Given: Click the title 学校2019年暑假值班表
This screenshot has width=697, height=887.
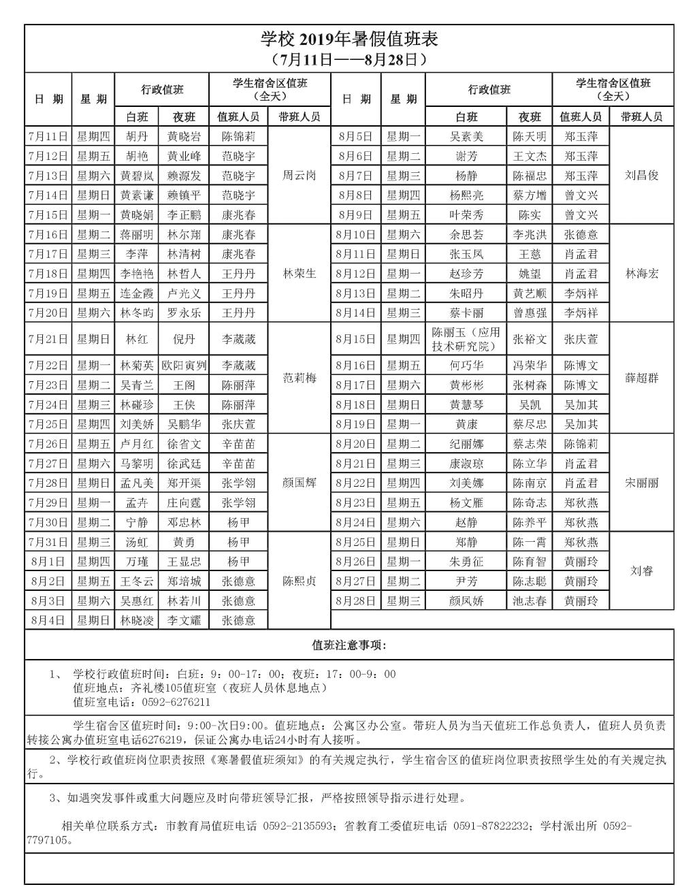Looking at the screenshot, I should click(349, 39).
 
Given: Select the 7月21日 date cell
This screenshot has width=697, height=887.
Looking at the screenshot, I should click(48, 339).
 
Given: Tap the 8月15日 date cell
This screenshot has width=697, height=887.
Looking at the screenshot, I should click(355, 339).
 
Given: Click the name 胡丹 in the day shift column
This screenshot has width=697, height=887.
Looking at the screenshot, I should click(136, 136).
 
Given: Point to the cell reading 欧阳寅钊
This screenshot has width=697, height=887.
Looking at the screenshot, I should click(184, 366).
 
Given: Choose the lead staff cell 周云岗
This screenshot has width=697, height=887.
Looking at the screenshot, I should click(299, 175).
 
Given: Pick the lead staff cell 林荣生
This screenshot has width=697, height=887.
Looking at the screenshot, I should click(299, 274).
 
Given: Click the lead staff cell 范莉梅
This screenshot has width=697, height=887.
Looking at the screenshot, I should click(299, 378).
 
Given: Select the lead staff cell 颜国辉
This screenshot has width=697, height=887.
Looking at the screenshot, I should click(299, 483).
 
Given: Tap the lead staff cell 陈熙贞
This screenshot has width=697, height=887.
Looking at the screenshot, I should click(299, 581).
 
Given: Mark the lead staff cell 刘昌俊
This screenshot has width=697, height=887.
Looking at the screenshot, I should click(642, 175).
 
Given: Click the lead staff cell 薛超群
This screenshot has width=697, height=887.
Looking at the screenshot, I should click(642, 378).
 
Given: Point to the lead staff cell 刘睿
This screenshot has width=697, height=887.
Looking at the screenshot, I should click(642, 570).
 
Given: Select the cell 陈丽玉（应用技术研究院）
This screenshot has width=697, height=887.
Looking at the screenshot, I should click(466, 339).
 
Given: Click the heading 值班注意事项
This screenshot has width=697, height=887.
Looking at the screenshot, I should click(348, 645).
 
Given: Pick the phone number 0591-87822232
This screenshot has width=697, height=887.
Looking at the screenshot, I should click(488, 826).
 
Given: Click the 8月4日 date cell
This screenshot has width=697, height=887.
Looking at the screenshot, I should click(48, 620).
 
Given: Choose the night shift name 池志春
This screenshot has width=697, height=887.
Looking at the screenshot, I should click(530, 601).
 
